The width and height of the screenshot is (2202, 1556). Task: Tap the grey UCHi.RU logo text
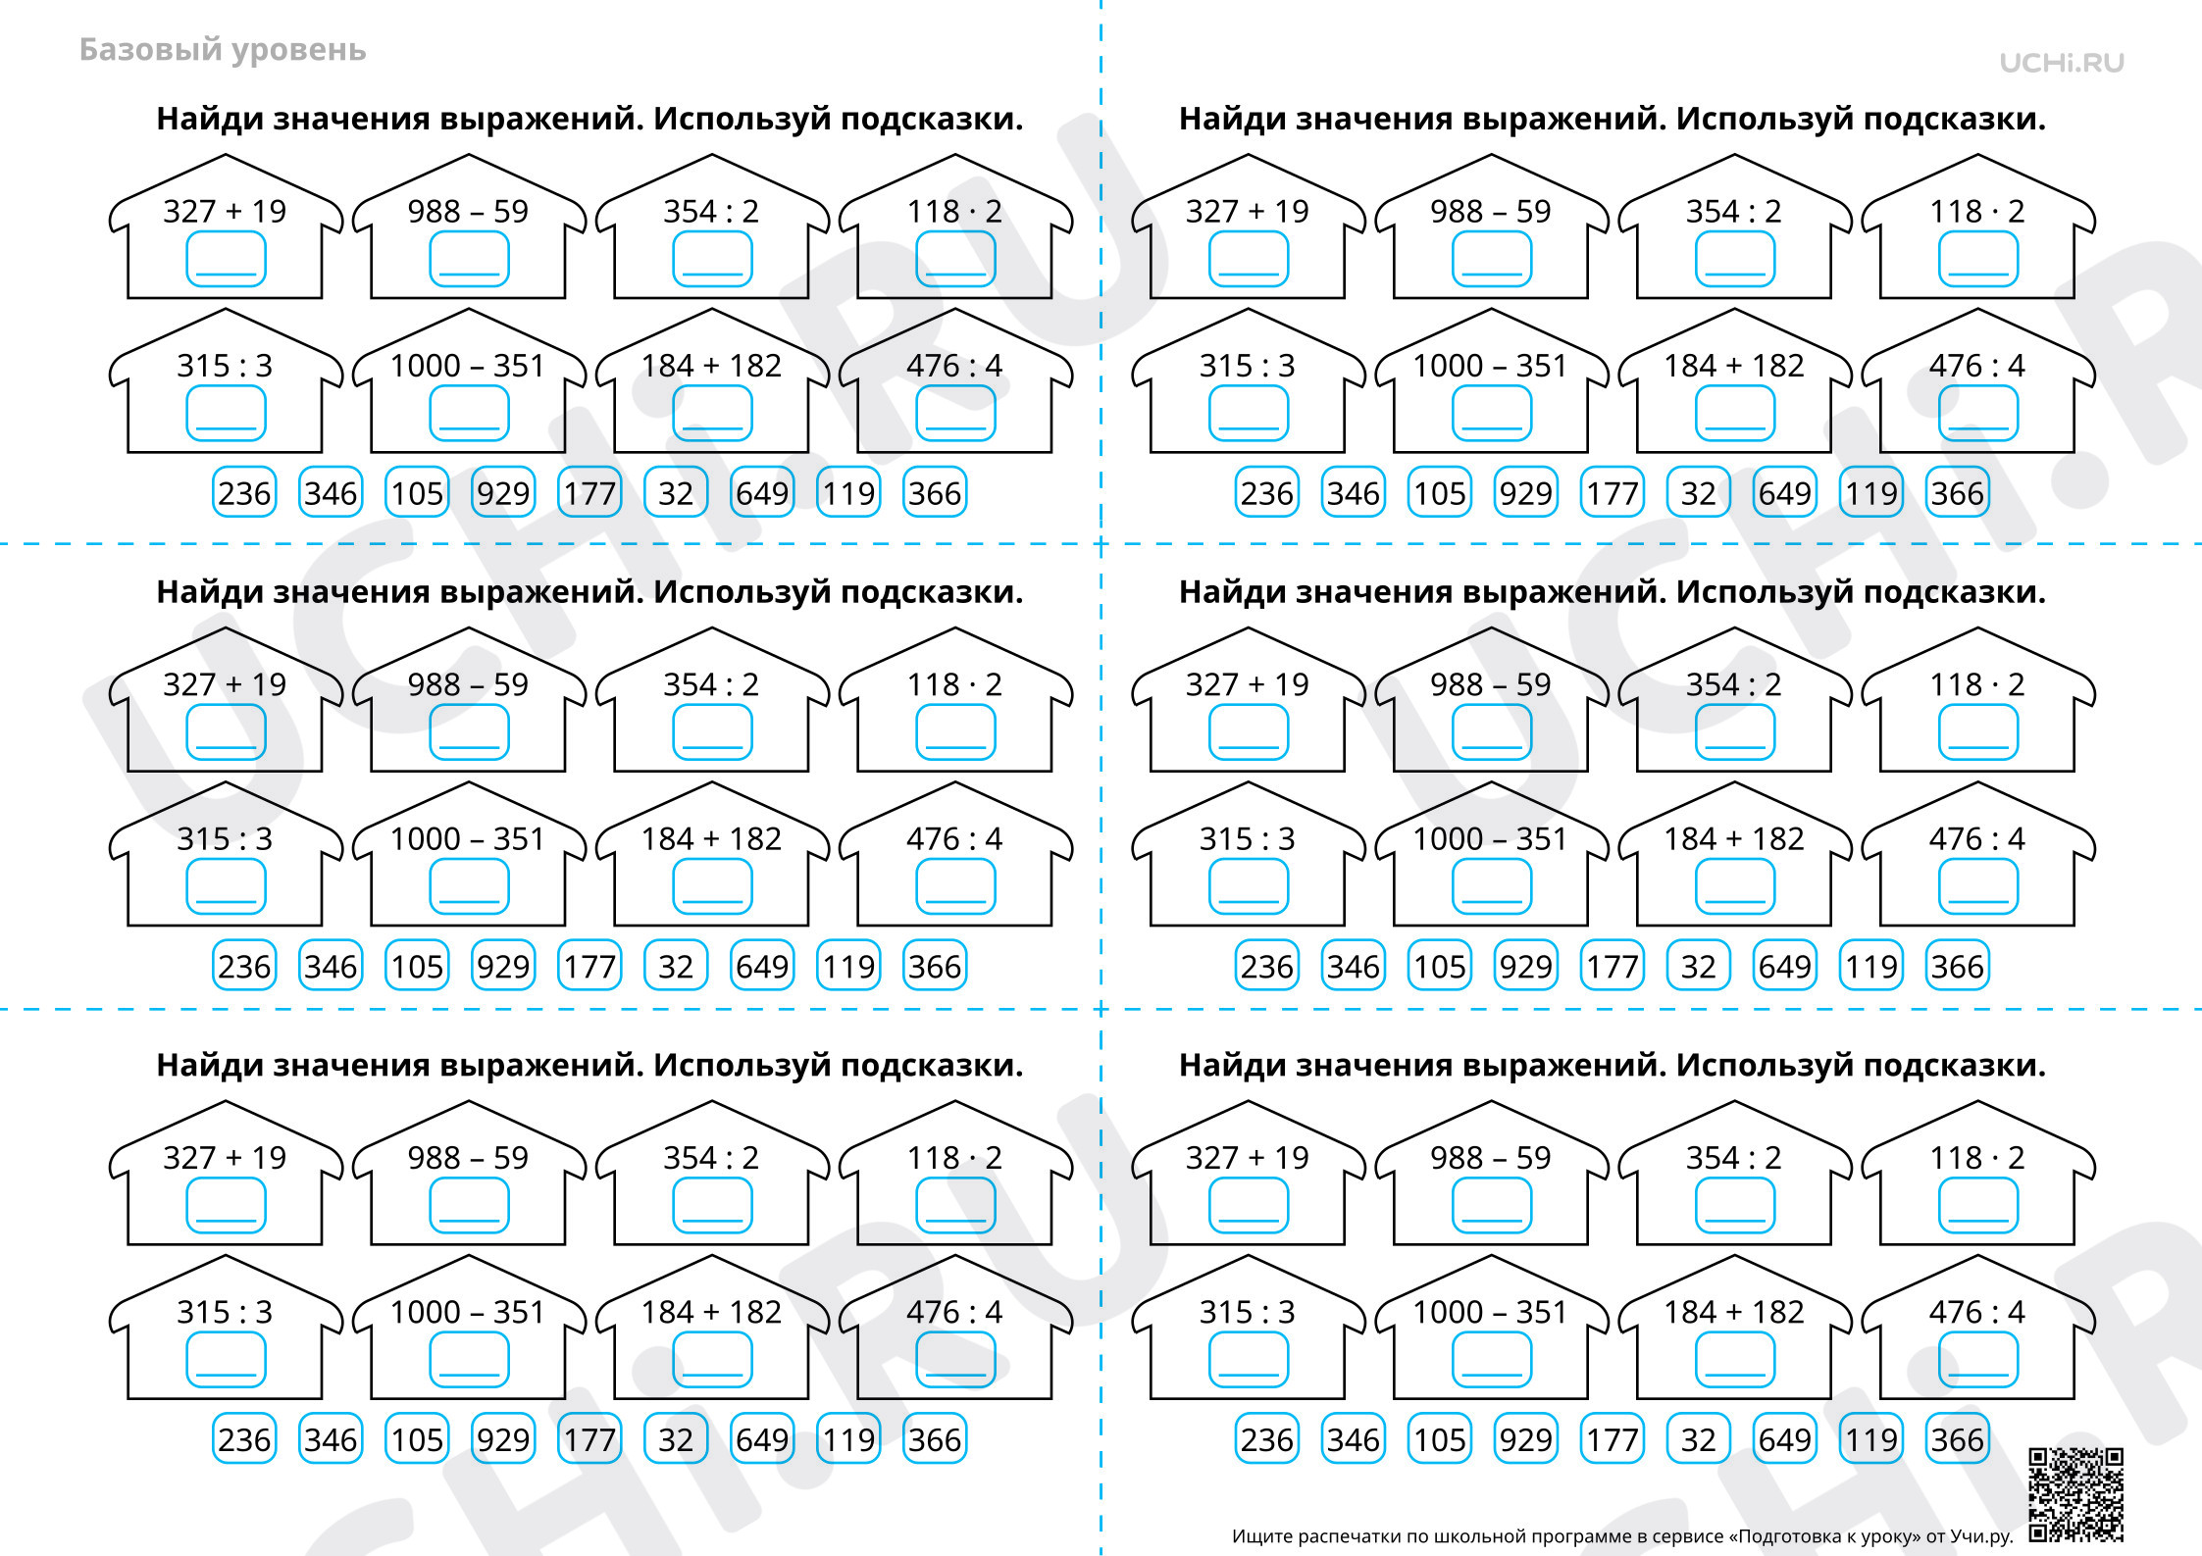point(2062,63)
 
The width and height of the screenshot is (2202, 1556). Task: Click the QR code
point(2075,1494)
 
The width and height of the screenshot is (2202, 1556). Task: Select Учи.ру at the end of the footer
point(1981,1536)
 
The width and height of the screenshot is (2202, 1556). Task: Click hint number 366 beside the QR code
point(1958,1439)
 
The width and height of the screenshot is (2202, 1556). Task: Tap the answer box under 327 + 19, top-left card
point(226,259)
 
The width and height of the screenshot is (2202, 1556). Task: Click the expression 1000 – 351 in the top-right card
point(1490,366)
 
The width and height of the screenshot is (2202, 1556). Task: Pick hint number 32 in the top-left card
point(676,493)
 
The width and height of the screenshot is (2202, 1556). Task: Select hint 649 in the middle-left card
point(762,967)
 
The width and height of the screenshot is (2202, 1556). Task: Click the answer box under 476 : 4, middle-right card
point(1978,886)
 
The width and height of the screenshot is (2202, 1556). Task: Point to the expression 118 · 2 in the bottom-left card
point(954,1158)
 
